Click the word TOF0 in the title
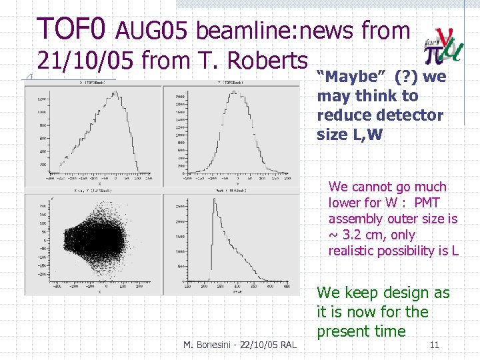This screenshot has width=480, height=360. (71, 29)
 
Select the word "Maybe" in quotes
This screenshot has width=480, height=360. (346, 77)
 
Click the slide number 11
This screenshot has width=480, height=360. (434, 345)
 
